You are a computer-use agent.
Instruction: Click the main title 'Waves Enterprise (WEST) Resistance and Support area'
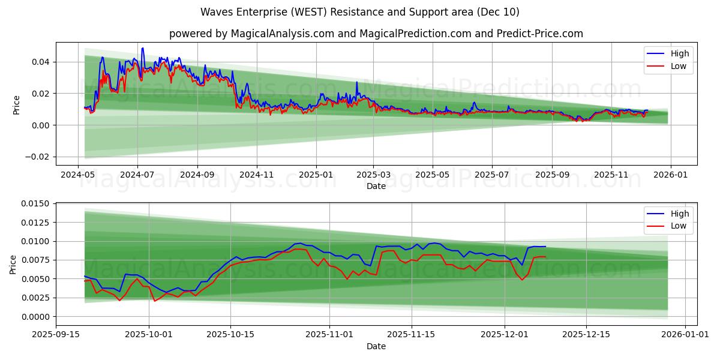(x=360, y=12)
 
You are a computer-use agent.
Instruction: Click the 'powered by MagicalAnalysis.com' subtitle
(x=376, y=34)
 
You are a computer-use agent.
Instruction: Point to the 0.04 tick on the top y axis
(x=41, y=62)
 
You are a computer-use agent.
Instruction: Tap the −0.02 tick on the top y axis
(x=37, y=157)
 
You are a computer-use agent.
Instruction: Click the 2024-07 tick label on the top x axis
(x=137, y=175)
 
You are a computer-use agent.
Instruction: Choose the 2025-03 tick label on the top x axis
(x=374, y=175)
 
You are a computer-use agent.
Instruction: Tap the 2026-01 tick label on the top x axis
(x=670, y=175)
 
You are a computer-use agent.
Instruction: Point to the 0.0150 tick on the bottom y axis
(x=34, y=204)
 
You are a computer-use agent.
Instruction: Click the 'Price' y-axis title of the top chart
(x=16, y=105)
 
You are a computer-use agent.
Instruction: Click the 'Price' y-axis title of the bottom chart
(x=13, y=264)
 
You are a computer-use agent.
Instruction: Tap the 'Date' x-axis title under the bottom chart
(x=376, y=347)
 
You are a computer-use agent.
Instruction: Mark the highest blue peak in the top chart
(x=142, y=48)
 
